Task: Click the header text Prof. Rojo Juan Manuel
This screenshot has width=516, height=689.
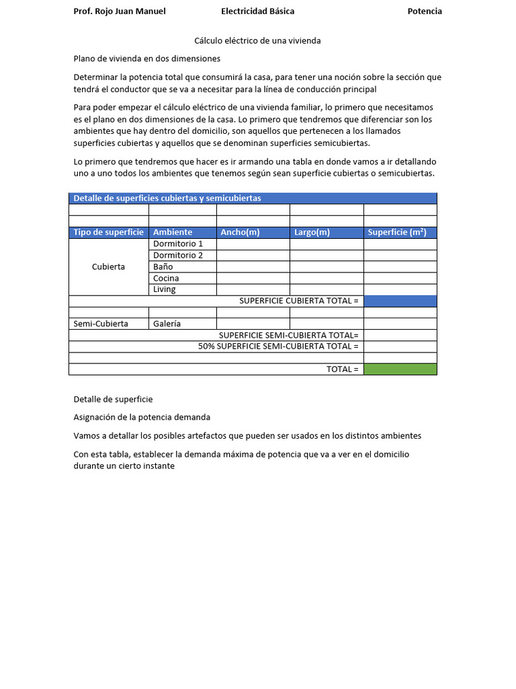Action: [x=119, y=11]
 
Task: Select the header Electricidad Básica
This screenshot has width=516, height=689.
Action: [x=257, y=11]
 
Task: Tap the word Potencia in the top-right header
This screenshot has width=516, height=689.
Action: [x=425, y=11]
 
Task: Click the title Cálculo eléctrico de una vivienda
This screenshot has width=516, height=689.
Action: [x=257, y=41]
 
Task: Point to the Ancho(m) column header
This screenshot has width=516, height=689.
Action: [x=240, y=233]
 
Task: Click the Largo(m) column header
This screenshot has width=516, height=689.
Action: [x=312, y=233]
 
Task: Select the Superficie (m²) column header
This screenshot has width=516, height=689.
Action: [x=397, y=233]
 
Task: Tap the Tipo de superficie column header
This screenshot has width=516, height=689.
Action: [x=108, y=233]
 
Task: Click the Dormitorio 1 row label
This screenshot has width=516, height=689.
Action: [x=178, y=244]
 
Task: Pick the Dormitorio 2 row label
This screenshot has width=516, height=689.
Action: [x=178, y=255]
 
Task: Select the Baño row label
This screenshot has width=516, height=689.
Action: [x=163, y=266]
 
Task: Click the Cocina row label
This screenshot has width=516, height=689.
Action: [x=166, y=278]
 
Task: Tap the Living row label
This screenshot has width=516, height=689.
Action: [x=165, y=289]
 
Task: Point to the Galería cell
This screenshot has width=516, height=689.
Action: [x=167, y=324]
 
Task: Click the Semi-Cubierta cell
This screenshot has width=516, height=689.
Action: [x=101, y=324]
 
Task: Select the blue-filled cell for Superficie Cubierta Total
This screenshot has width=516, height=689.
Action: [x=400, y=301]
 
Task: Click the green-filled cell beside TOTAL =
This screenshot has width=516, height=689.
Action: [x=400, y=369]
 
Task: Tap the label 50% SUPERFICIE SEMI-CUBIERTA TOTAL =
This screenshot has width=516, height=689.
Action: [x=278, y=347]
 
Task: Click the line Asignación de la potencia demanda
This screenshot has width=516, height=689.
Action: [x=142, y=417]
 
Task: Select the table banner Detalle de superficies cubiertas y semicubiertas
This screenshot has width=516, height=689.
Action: [x=167, y=198]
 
